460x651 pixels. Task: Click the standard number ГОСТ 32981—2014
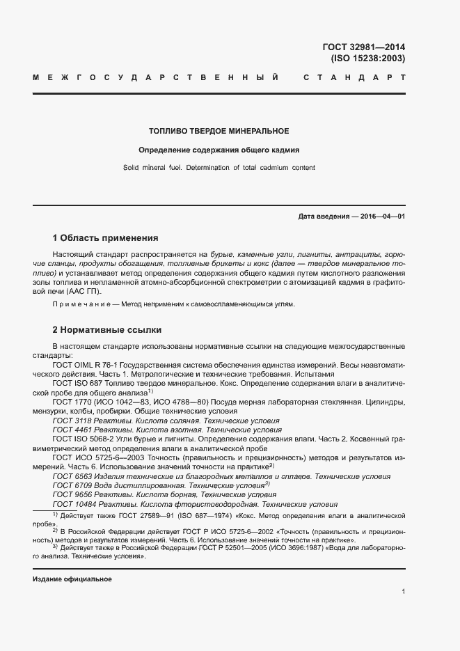pyautogui.click(x=363, y=47)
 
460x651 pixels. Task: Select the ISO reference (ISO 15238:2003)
pyautogui.click(x=367, y=58)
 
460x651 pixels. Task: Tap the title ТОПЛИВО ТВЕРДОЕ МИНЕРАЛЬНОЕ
pyautogui.click(x=219, y=131)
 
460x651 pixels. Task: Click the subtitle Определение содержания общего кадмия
pyautogui.click(x=219, y=149)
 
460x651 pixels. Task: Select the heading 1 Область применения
pyautogui.click(x=105, y=237)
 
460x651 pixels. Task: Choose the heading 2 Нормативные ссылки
pyautogui.click(x=108, y=329)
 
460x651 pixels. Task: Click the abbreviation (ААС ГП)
pyautogui.click(x=78, y=292)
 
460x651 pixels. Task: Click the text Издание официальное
pyautogui.click(x=72, y=579)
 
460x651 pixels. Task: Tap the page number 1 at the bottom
pyautogui.click(x=404, y=592)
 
